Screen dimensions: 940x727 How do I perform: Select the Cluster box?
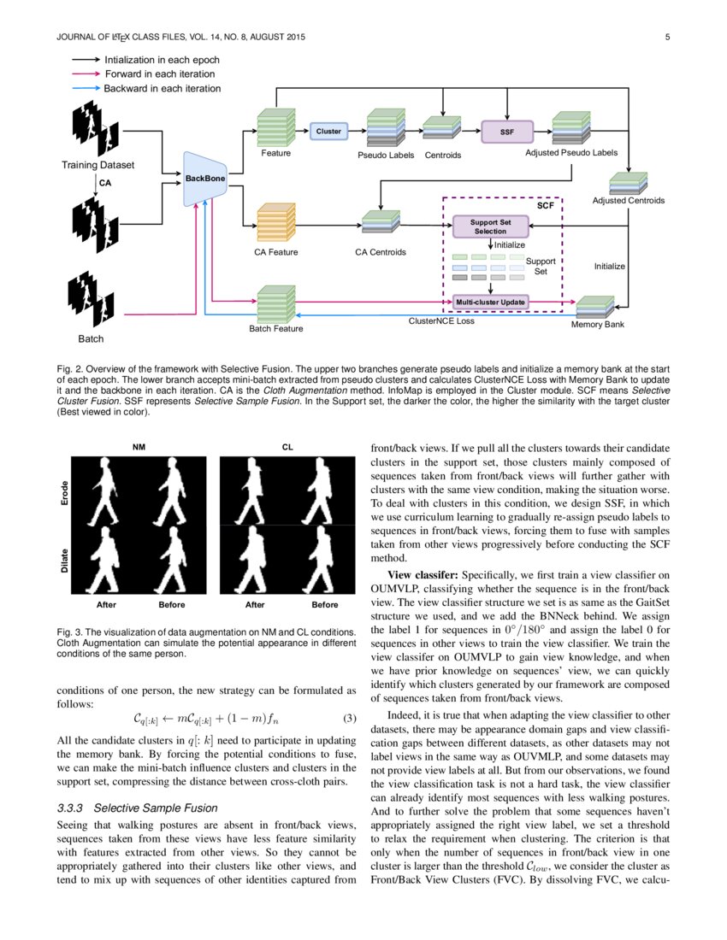pos(328,132)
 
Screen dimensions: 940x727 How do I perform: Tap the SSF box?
pos(507,132)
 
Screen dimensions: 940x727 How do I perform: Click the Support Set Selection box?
pos(490,226)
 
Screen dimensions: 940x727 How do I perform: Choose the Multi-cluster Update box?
pos(490,303)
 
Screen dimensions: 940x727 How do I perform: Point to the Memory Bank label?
pos(596,325)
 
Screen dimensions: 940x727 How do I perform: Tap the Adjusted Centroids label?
pos(628,201)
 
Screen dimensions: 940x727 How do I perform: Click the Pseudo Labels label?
pos(386,155)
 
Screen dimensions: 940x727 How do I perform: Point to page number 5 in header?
pos(666,37)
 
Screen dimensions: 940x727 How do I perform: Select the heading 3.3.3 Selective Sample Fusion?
pos(137,808)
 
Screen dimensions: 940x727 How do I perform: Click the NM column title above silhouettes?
pos(138,446)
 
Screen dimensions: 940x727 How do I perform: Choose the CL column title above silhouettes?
pos(287,446)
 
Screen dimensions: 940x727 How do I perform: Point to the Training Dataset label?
pos(98,165)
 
